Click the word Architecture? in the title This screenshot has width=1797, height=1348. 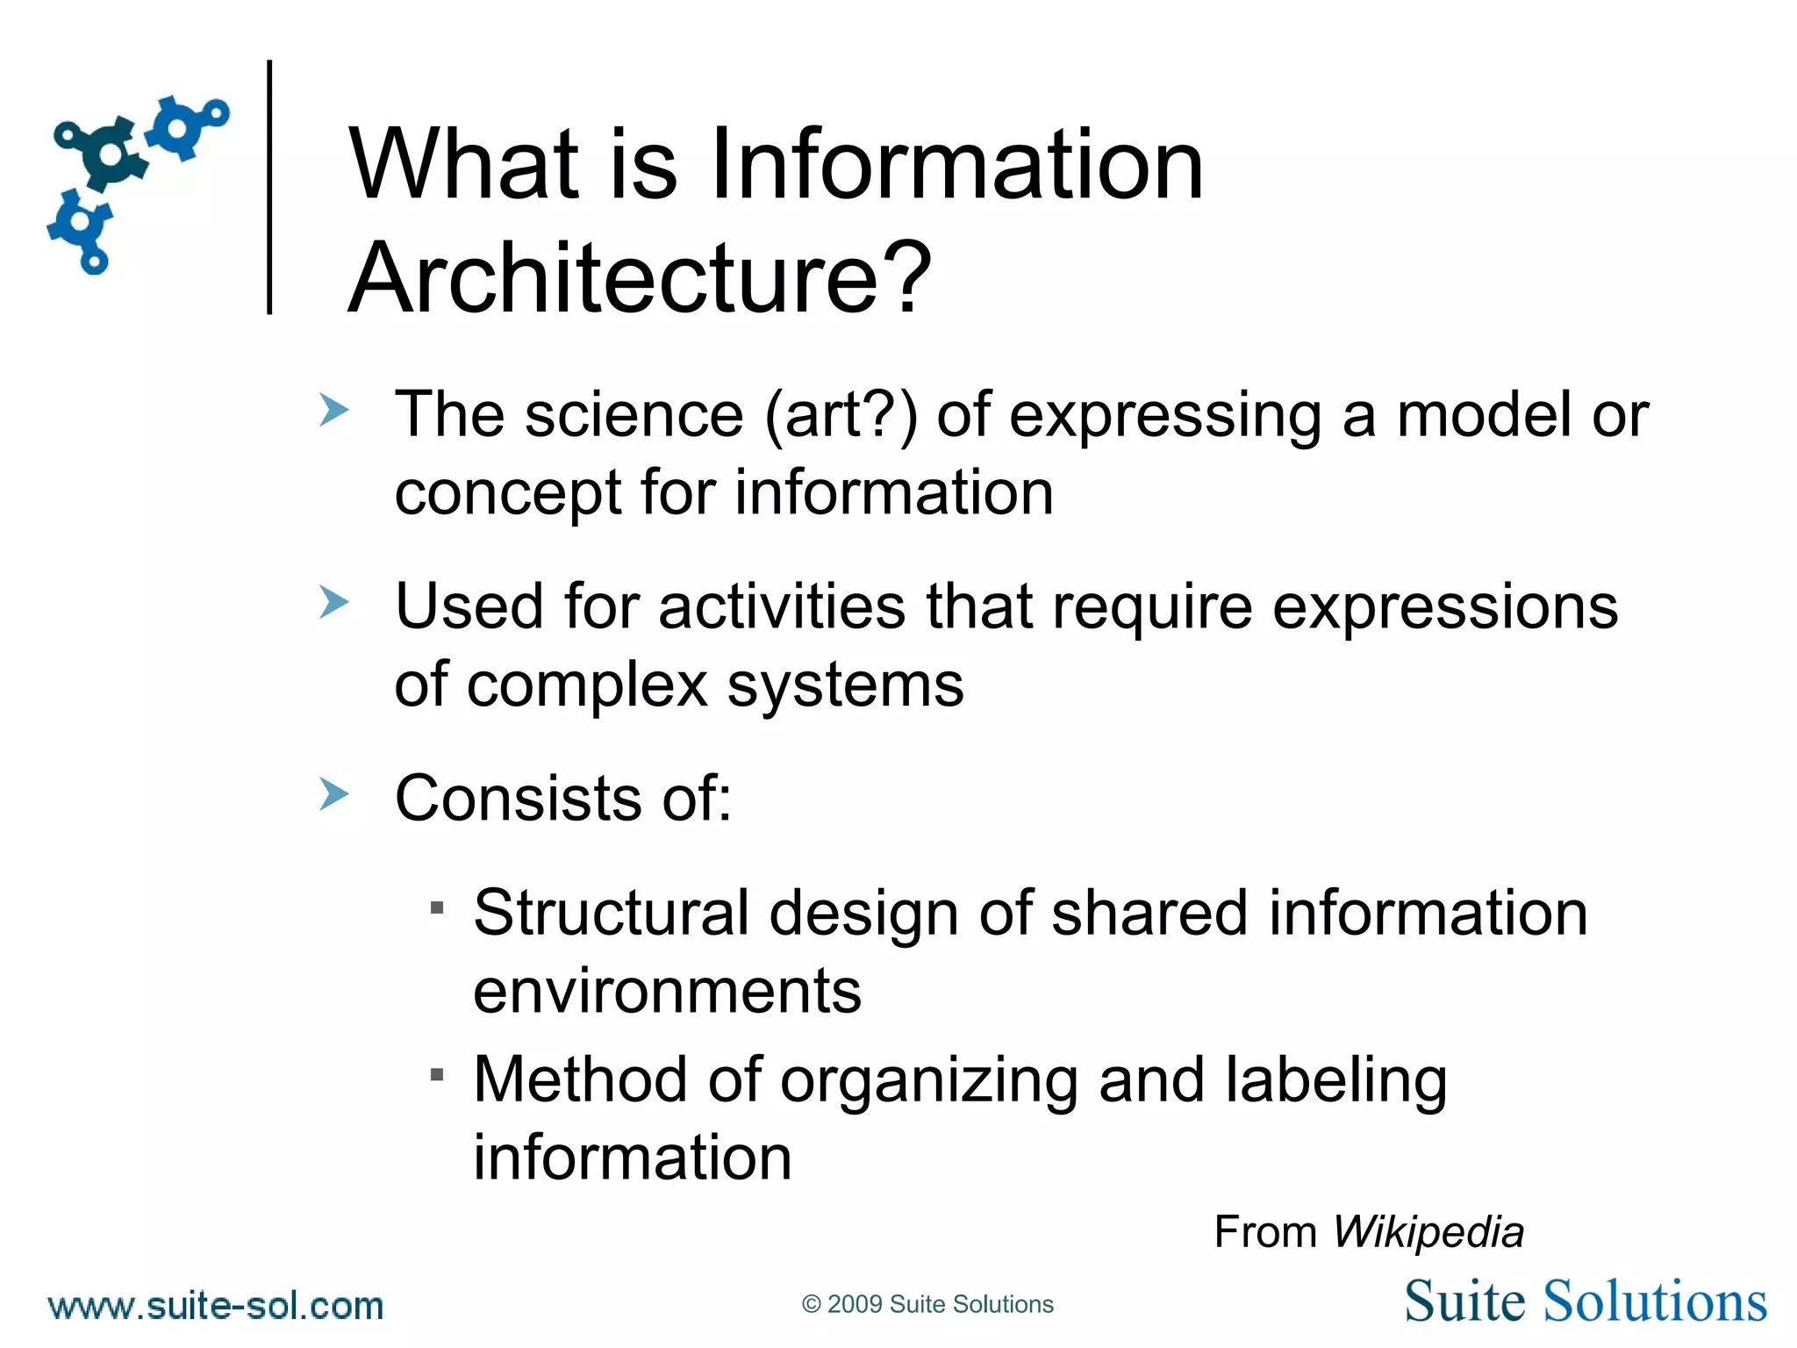(x=639, y=278)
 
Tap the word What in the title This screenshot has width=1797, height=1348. (x=464, y=165)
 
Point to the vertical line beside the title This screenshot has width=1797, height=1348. (x=269, y=187)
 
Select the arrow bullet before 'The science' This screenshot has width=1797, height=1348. (x=333, y=410)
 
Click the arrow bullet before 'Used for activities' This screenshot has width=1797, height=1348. (x=333, y=602)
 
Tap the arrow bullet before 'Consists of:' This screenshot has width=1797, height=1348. (x=333, y=793)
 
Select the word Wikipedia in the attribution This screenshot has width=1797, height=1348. (x=1428, y=1232)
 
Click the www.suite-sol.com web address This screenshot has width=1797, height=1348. (x=216, y=1306)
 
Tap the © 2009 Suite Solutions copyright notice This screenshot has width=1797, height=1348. (x=927, y=1304)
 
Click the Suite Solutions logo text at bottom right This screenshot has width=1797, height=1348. (x=1585, y=1301)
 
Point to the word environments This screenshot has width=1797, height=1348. (x=667, y=992)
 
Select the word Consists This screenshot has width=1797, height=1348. (x=519, y=799)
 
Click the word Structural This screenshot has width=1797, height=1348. (x=611, y=913)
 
